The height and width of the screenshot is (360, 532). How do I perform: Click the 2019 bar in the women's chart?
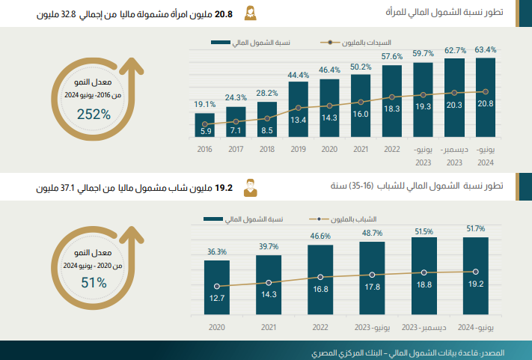point(299,109)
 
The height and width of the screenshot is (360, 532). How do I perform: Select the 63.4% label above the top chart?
point(486,50)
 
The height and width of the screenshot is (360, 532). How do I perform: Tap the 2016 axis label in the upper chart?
point(205,150)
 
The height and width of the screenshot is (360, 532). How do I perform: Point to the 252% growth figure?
point(94,115)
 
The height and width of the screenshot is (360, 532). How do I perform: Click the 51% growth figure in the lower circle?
point(94,282)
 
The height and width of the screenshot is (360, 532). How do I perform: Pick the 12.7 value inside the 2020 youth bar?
point(217,299)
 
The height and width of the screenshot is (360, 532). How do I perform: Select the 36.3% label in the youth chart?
point(217,251)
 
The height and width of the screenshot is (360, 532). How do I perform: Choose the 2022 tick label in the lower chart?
point(320,327)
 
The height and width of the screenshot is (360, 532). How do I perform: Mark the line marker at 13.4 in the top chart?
point(299,108)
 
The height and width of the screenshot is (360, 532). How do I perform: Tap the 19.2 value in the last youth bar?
point(476,284)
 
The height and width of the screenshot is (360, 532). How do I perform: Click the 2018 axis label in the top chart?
point(267,150)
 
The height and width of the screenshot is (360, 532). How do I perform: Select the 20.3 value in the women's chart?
point(454,106)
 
